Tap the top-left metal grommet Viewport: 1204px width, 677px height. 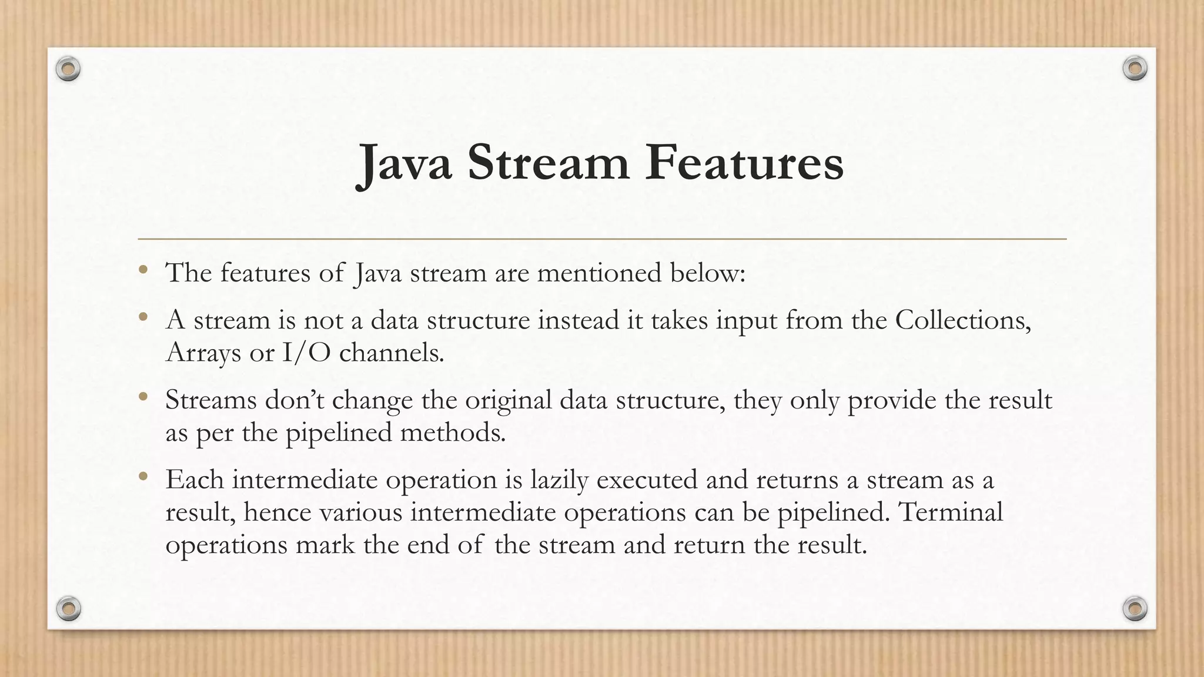(68, 69)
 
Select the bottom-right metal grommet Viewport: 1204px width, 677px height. (1135, 608)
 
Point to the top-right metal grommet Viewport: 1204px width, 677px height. (1135, 69)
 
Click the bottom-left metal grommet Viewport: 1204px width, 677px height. (68, 608)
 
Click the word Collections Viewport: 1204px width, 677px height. (962, 320)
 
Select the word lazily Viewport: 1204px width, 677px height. (559, 480)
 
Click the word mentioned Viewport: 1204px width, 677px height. (599, 273)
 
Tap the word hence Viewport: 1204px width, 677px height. (277, 512)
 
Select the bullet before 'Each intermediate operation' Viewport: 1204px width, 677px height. (143, 478)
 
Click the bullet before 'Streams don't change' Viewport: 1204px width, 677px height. (143, 398)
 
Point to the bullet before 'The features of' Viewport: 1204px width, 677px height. (143, 271)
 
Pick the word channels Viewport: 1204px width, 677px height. (392, 353)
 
